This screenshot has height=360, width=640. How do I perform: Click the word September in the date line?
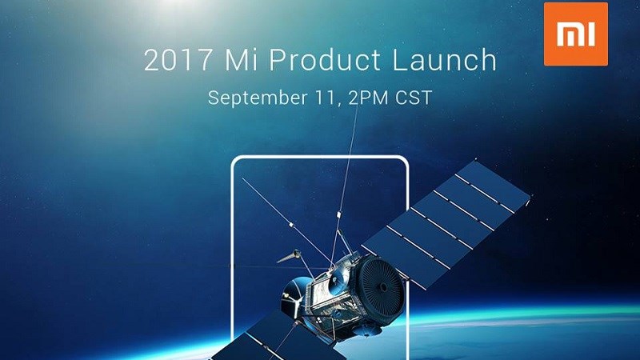[x=254, y=98]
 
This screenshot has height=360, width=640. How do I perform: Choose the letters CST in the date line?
[x=414, y=98]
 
